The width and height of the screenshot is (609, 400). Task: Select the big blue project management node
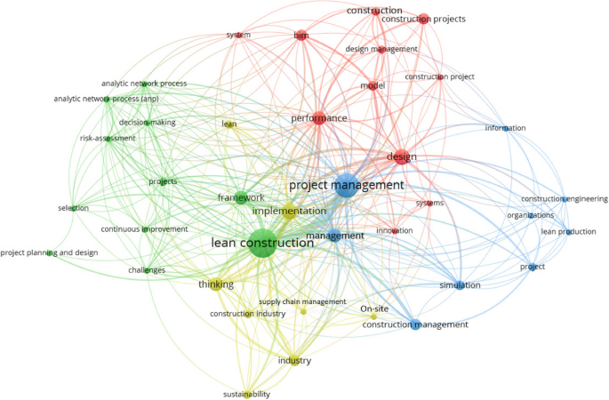coord(346,188)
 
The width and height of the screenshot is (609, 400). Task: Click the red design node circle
coord(402,157)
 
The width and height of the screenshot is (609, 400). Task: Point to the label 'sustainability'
coord(246,394)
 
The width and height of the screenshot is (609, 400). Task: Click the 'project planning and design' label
coord(49,252)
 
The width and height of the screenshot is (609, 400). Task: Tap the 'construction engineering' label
coord(564,199)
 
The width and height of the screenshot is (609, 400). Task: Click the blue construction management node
coord(414,324)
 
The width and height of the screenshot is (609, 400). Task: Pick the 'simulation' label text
coord(460,285)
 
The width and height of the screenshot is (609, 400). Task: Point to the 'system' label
coord(237,35)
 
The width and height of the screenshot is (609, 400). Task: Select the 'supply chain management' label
coord(302,301)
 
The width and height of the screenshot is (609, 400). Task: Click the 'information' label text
coord(505,128)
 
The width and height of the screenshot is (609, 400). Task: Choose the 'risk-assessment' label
coord(108,138)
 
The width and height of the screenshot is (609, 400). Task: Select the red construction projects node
coord(423,19)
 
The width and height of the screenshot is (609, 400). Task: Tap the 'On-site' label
coord(374,309)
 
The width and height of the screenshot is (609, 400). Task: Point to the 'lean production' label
coord(567,232)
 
